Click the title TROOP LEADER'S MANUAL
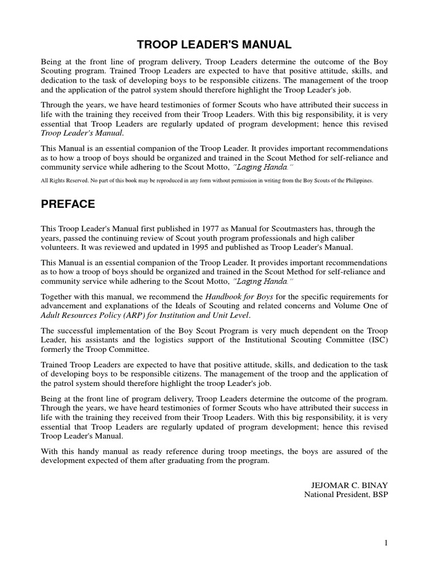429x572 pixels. coord(214,44)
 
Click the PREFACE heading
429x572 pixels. coord(68,204)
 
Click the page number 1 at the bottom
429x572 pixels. coord(385,542)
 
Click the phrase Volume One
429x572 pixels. coord(355,306)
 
